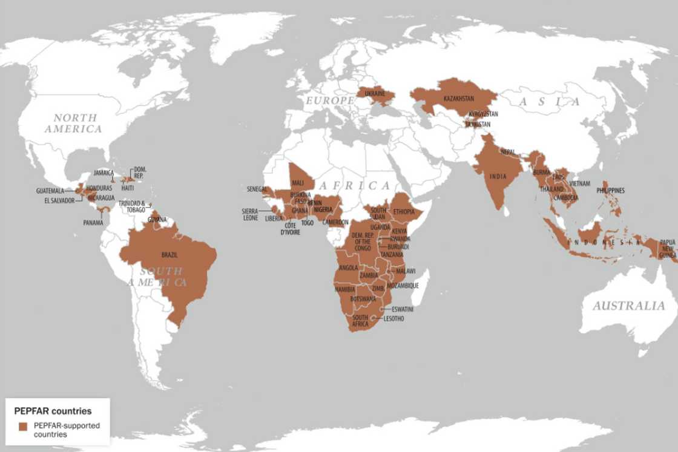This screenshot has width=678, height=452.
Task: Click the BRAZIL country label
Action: pos(169,255)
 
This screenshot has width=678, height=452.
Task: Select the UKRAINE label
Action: pos(375,95)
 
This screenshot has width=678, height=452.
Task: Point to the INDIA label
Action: pos(498,177)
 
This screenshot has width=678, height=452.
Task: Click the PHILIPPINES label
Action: pos(610,191)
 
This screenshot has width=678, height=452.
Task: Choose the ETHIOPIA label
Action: pos(404,212)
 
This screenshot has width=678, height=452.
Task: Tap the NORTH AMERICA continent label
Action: pos(75,123)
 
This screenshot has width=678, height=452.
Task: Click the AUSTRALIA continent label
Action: pos(628,306)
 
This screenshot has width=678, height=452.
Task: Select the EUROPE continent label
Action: pos(329,100)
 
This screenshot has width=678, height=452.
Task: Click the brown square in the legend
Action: pos(23,426)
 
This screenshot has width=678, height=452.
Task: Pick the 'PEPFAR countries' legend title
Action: pos(53,411)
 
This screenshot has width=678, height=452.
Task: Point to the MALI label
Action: pos(298,183)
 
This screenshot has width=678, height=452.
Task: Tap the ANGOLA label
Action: pos(348,267)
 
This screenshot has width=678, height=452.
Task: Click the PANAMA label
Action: pos(93,222)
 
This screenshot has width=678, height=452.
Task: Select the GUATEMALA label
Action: pos(50,191)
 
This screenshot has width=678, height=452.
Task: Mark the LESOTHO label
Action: pos(393,318)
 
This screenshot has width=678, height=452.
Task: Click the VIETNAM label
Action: pos(579,183)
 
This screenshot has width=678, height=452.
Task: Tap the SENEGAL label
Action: pos(257,189)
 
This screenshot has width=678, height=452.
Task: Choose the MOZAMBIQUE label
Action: pos(403,285)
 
